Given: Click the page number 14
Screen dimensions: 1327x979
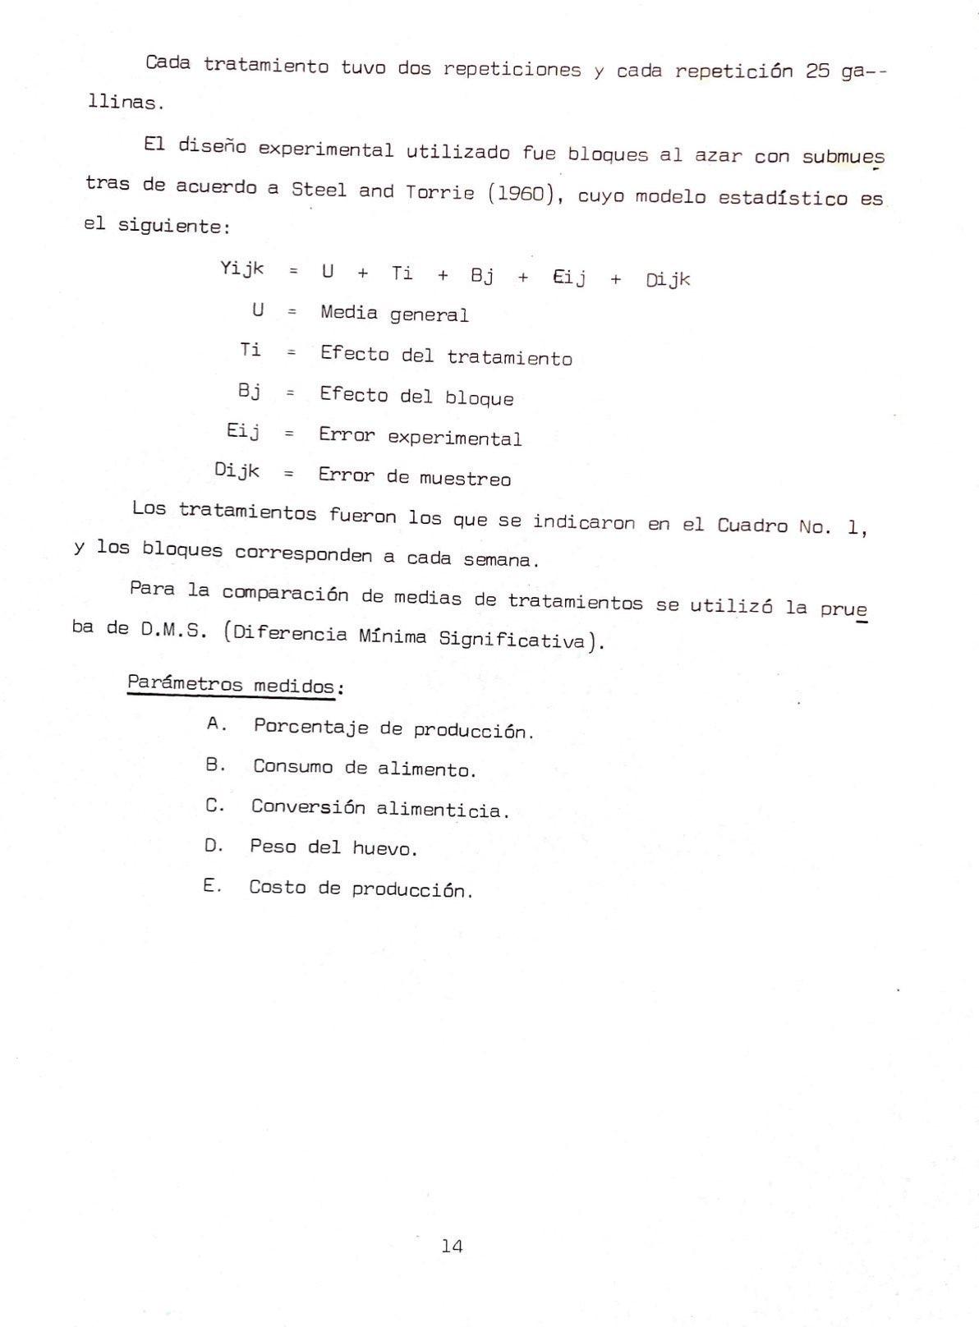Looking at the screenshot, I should click(452, 1247).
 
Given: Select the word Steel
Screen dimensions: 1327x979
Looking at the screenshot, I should click(318, 190).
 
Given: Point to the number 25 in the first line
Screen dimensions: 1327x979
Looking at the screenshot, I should click(817, 71).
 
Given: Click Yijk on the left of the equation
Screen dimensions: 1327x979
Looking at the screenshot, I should click(242, 269).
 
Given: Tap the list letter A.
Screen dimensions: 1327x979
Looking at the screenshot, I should click(216, 724).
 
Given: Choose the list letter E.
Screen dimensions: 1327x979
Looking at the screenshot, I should click(212, 886).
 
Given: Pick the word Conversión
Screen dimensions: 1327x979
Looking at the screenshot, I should click(308, 807).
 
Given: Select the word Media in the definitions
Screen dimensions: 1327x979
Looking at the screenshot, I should click(349, 313).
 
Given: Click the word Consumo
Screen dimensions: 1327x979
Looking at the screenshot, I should click(292, 767).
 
